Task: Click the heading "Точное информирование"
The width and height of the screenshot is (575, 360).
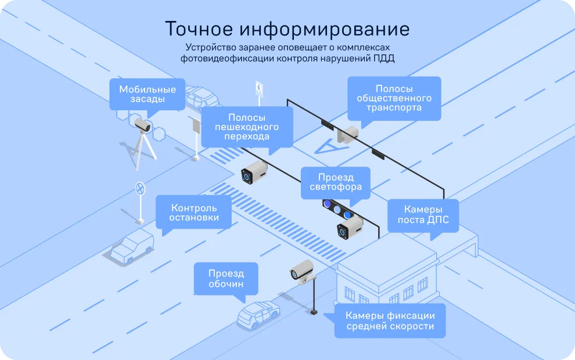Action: coord(287,29)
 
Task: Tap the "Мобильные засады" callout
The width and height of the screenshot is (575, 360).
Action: coord(148,94)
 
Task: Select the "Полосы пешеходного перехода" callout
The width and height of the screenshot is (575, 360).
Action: coord(247,127)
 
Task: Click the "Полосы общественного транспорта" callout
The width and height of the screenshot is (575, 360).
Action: coord(394,98)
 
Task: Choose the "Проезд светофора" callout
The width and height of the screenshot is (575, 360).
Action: coord(336,182)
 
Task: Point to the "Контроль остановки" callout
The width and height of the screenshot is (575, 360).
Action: coord(193,213)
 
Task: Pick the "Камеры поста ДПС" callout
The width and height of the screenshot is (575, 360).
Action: coord(423,215)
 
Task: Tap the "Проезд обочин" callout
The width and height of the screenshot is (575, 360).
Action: coord(226,279)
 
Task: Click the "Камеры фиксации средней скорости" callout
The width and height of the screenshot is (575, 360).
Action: coord(390,321)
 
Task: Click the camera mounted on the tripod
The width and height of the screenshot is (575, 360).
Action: coord(142,125)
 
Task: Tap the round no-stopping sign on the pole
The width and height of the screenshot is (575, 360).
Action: coord(140,189)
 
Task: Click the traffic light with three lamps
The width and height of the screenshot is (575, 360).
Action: coord(337,209)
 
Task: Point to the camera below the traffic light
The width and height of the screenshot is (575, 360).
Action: coord(350,228)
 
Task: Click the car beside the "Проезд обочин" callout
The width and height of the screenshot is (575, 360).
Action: coord(258,315)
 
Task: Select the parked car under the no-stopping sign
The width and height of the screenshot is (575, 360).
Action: coord(132,246)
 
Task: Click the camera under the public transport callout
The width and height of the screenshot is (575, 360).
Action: coord(348,134)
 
